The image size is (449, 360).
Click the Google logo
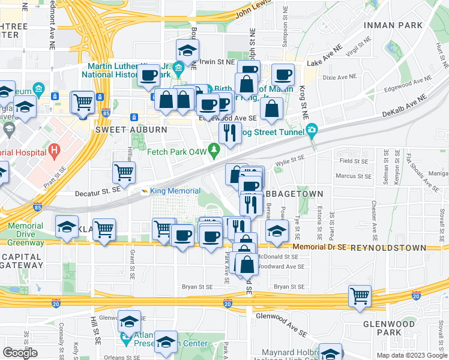point(20,353)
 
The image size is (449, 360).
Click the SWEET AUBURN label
point(122,129)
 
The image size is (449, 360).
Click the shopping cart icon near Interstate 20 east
point(360,295)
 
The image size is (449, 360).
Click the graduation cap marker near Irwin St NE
point(187,50)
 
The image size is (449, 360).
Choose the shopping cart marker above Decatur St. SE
point(124,172)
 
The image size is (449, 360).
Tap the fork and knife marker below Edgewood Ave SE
point(229,133)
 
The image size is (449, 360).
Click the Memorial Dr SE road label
point(321,247)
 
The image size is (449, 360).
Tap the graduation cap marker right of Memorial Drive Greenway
point(67,226)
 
